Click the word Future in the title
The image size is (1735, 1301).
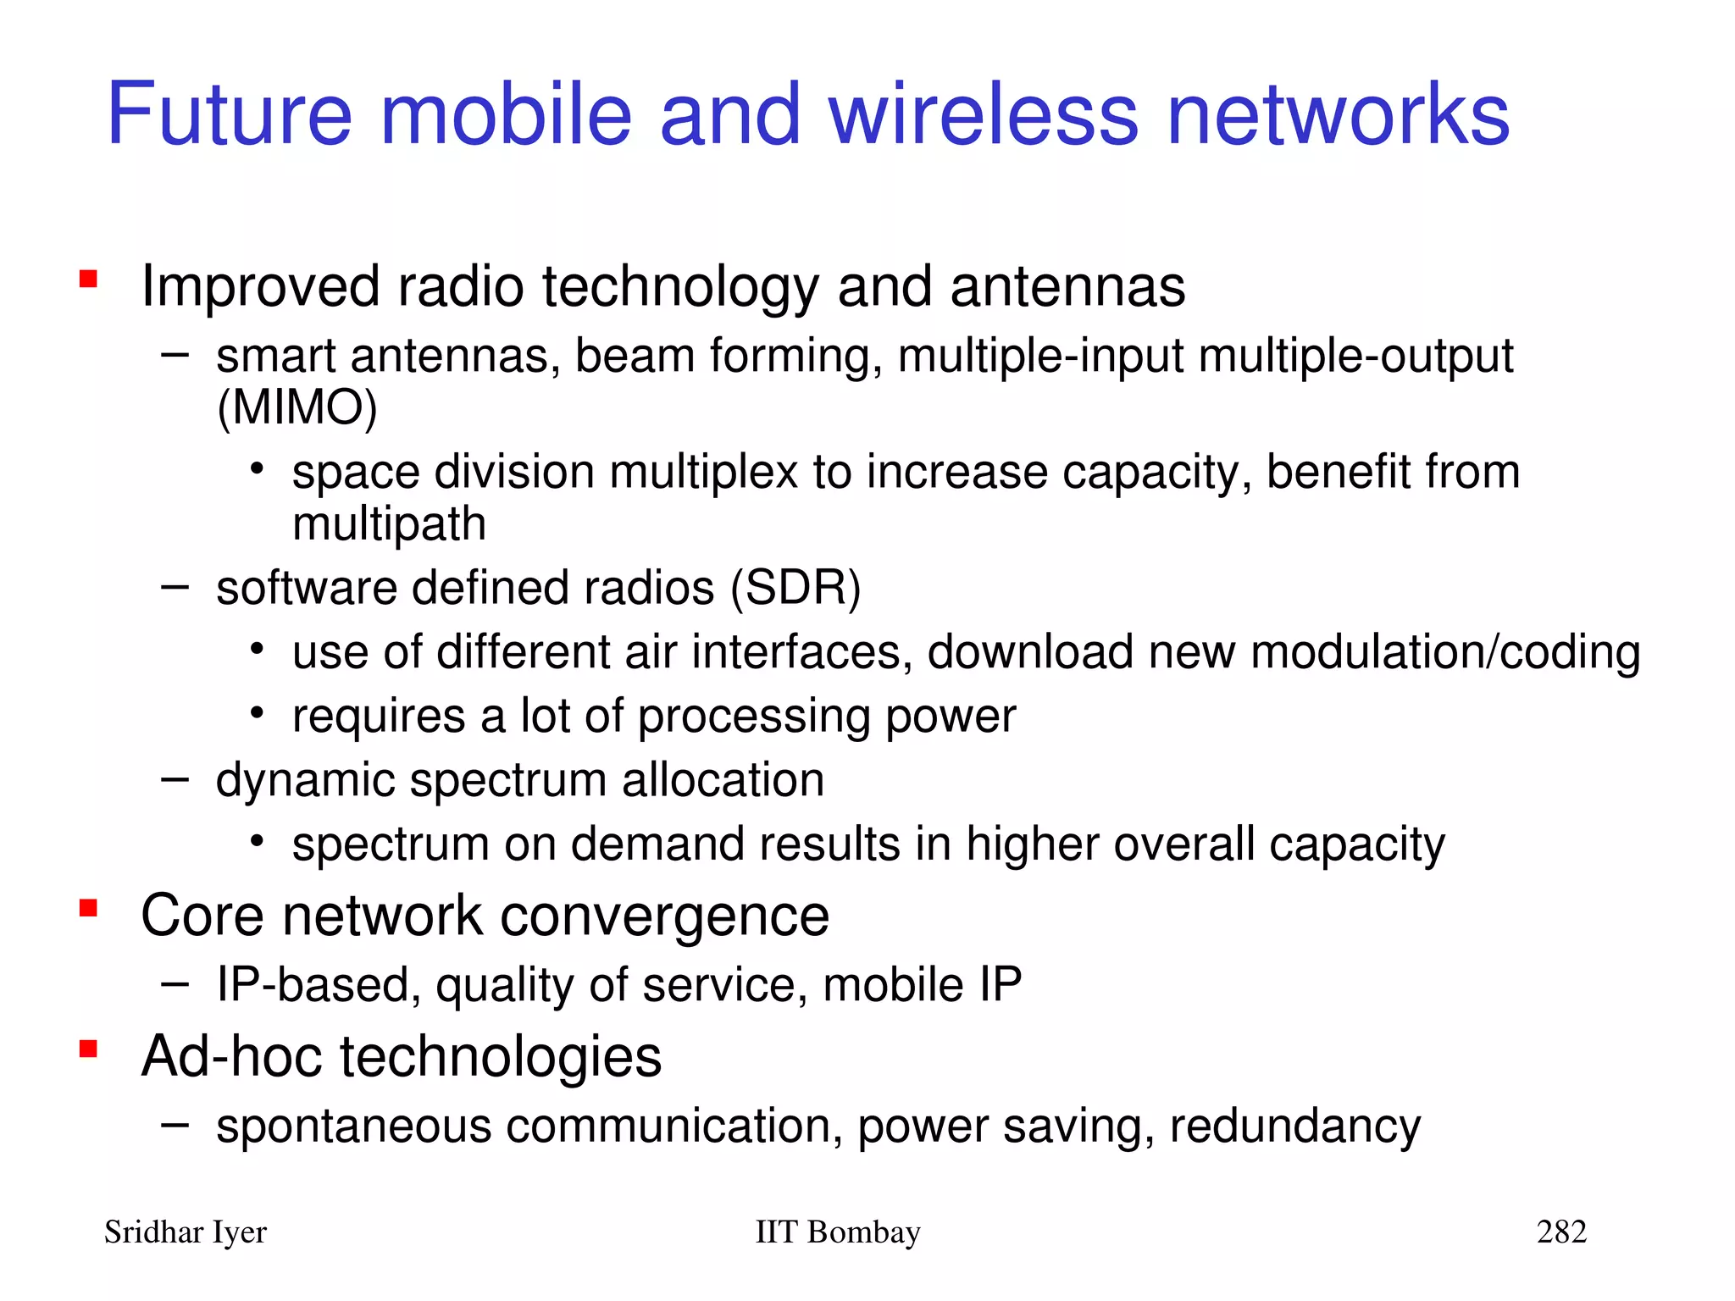click(229, 114)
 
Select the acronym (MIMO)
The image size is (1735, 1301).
click(297, 408)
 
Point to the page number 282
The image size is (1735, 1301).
click(1561, 1232)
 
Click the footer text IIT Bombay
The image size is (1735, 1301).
click(837, 1232)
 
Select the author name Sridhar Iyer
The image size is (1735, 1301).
click(185, 1232)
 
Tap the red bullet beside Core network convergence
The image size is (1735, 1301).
click(88, 908)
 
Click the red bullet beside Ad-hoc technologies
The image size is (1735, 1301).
click(88, 1049)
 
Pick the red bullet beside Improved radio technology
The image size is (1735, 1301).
click(88, 279)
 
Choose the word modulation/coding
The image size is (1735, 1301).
click(1445, 653)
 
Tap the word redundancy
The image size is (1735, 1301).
click(1294, 1127)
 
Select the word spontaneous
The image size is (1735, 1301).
click(354, 1127)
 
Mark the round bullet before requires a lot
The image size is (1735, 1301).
click(258, 713)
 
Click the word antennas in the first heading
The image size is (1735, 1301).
click(1067, 286)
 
